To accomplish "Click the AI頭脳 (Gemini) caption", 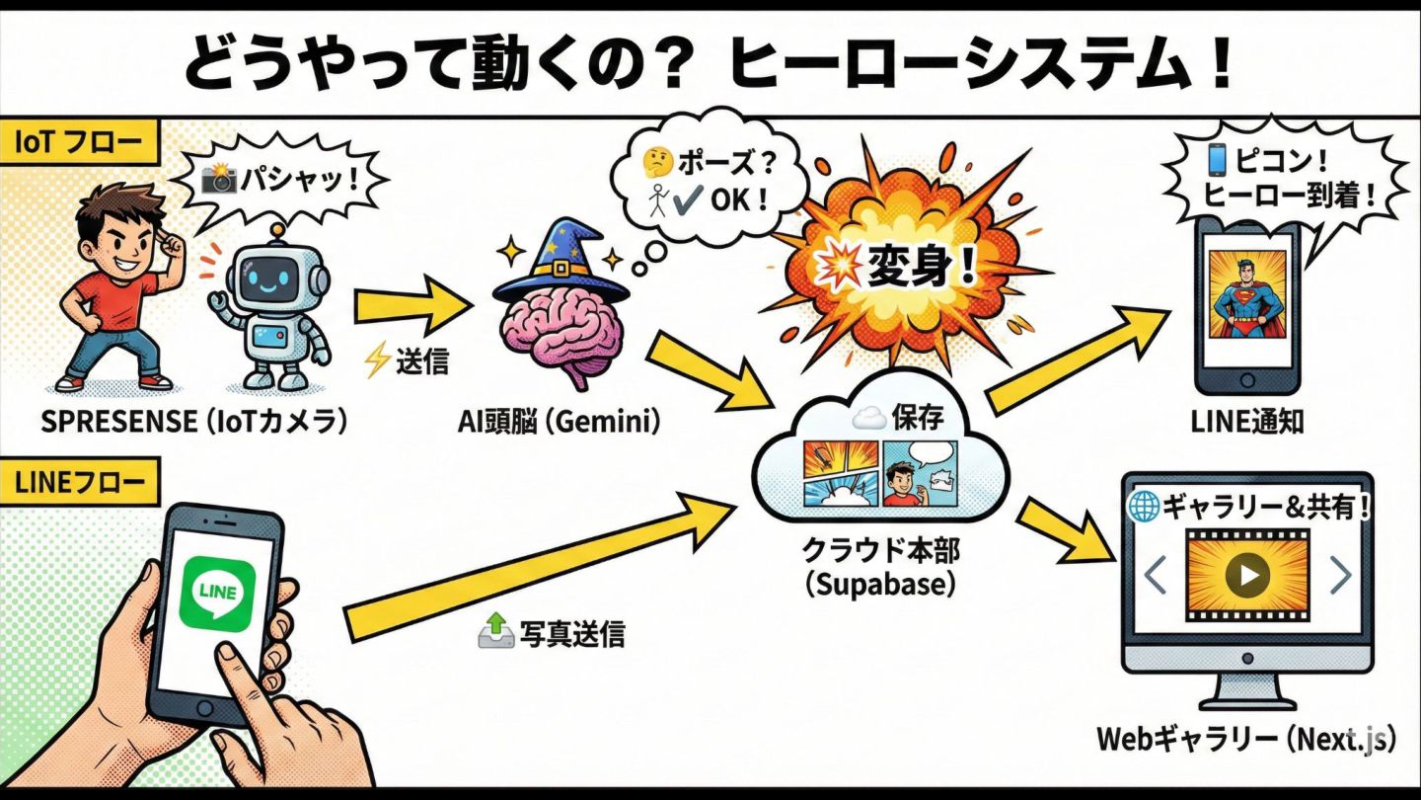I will click(559, 422).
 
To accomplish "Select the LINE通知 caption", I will click(1247, 422).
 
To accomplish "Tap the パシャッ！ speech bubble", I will click(281, 181).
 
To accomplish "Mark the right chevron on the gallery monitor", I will click(1339, 575).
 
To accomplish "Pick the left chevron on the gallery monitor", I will click(1156, 575).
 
